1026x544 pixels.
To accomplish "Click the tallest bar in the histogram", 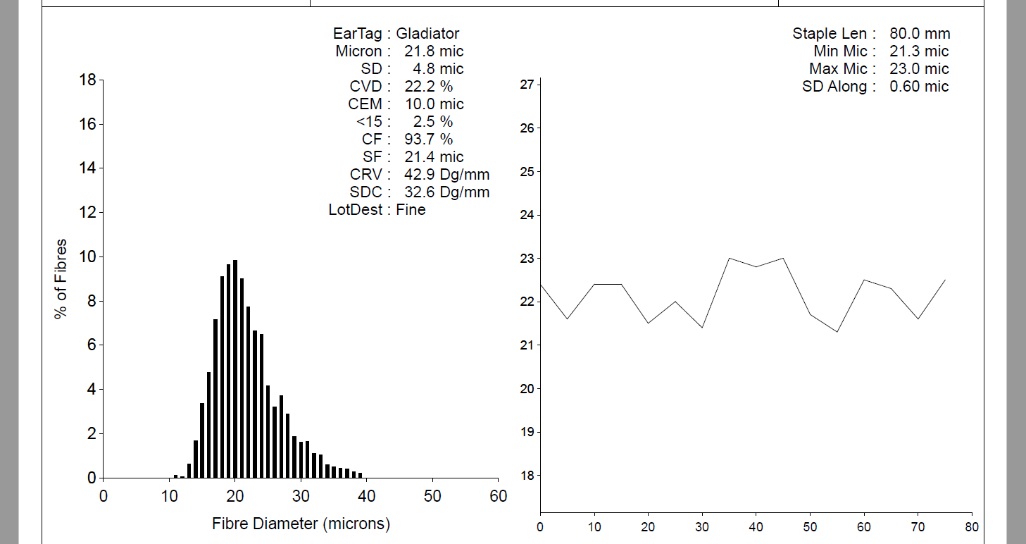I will [x=235, y=369].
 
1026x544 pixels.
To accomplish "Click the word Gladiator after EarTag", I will [x=427, y=33].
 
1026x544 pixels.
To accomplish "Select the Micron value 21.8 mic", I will [x=434, y=51].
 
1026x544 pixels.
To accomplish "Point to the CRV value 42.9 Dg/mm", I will [x=447, y=174].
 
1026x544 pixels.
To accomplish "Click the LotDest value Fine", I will [x=411, y=209].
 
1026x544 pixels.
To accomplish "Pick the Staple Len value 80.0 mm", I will [x=919, y=33].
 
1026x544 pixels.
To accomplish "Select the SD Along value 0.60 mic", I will [x=919, y=86].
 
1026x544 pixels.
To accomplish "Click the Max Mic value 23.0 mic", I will [x=919, y=68].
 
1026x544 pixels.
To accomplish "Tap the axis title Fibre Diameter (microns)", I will [x=301, y=524].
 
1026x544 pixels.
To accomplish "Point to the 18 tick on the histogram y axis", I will [x=88, y=80].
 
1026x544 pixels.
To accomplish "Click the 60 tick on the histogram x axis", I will [x=498, y=495].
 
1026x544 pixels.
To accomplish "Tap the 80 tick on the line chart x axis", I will [x=972, y=526].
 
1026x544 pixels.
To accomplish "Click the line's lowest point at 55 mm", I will [x=837, y=332].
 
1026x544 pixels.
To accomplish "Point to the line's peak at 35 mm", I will [x=729, y=258].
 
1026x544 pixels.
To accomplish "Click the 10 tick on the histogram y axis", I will [x=88, y=256].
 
